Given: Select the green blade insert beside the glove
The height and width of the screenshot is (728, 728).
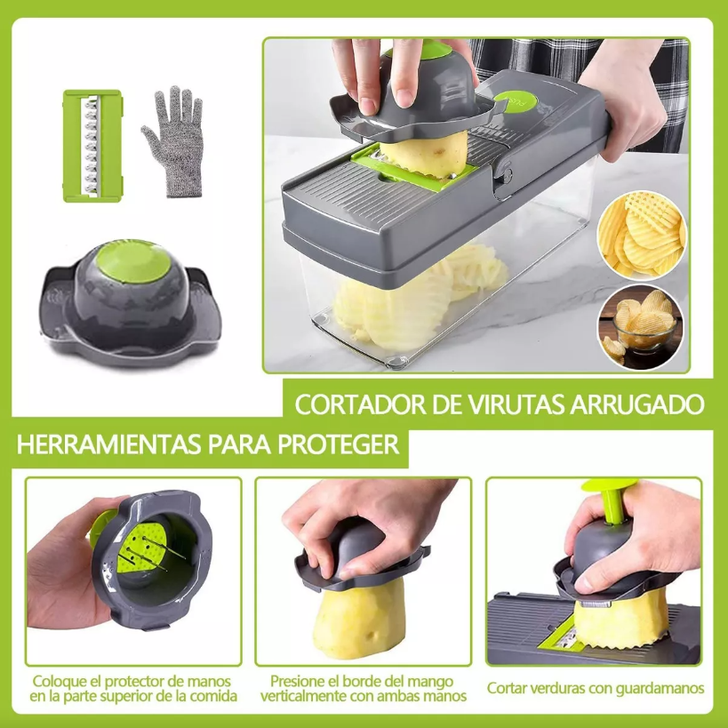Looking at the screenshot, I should click(x=91, y=146).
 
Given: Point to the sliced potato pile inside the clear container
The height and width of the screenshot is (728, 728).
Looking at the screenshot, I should click(x=418, y=298).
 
